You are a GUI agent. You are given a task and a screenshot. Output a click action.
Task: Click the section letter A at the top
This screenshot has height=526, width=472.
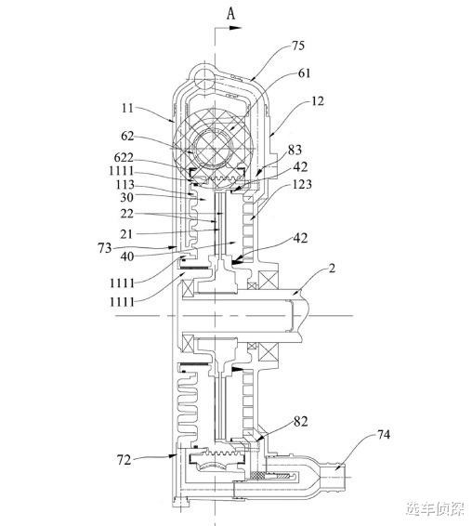pyautogui.click(x=230, y=14)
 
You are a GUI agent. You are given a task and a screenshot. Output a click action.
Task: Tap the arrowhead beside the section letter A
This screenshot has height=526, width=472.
pyautogui.click(x=235, y=28)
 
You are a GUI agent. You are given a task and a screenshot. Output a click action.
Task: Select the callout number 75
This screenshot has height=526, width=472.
pyautogui.click(x=298, y=46)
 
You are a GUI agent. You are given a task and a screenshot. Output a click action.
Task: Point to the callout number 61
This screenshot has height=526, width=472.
pyautogui.click(x=304, y=73)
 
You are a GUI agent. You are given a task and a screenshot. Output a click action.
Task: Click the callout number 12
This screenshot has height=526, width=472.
pyautogui.click(x=318, y=101)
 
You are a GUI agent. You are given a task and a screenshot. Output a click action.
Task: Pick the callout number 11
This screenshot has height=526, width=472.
pyautogui.click(x=127, y=108)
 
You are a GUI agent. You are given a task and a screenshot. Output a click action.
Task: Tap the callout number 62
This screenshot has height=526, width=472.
pyautogui.click(x=127, y=136)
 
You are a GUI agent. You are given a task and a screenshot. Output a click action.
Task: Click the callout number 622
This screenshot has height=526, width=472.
pyautogui.click(x=124, y=157)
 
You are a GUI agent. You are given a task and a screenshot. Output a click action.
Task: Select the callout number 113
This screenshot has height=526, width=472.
pyautogui.click(x=125, y=185)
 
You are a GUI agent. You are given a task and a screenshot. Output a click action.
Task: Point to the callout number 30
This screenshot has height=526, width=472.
pyautogui.click(x=126, y=197)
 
